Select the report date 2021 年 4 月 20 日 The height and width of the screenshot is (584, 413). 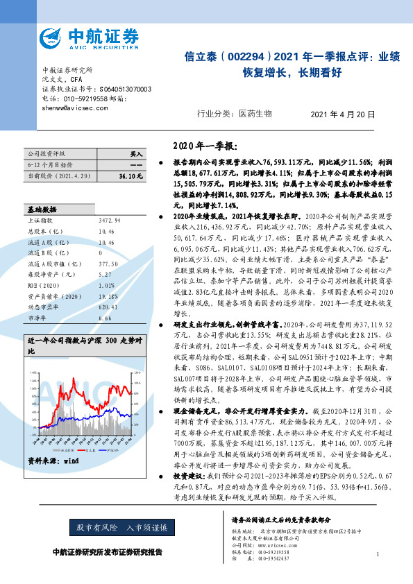tap(342, 114)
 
